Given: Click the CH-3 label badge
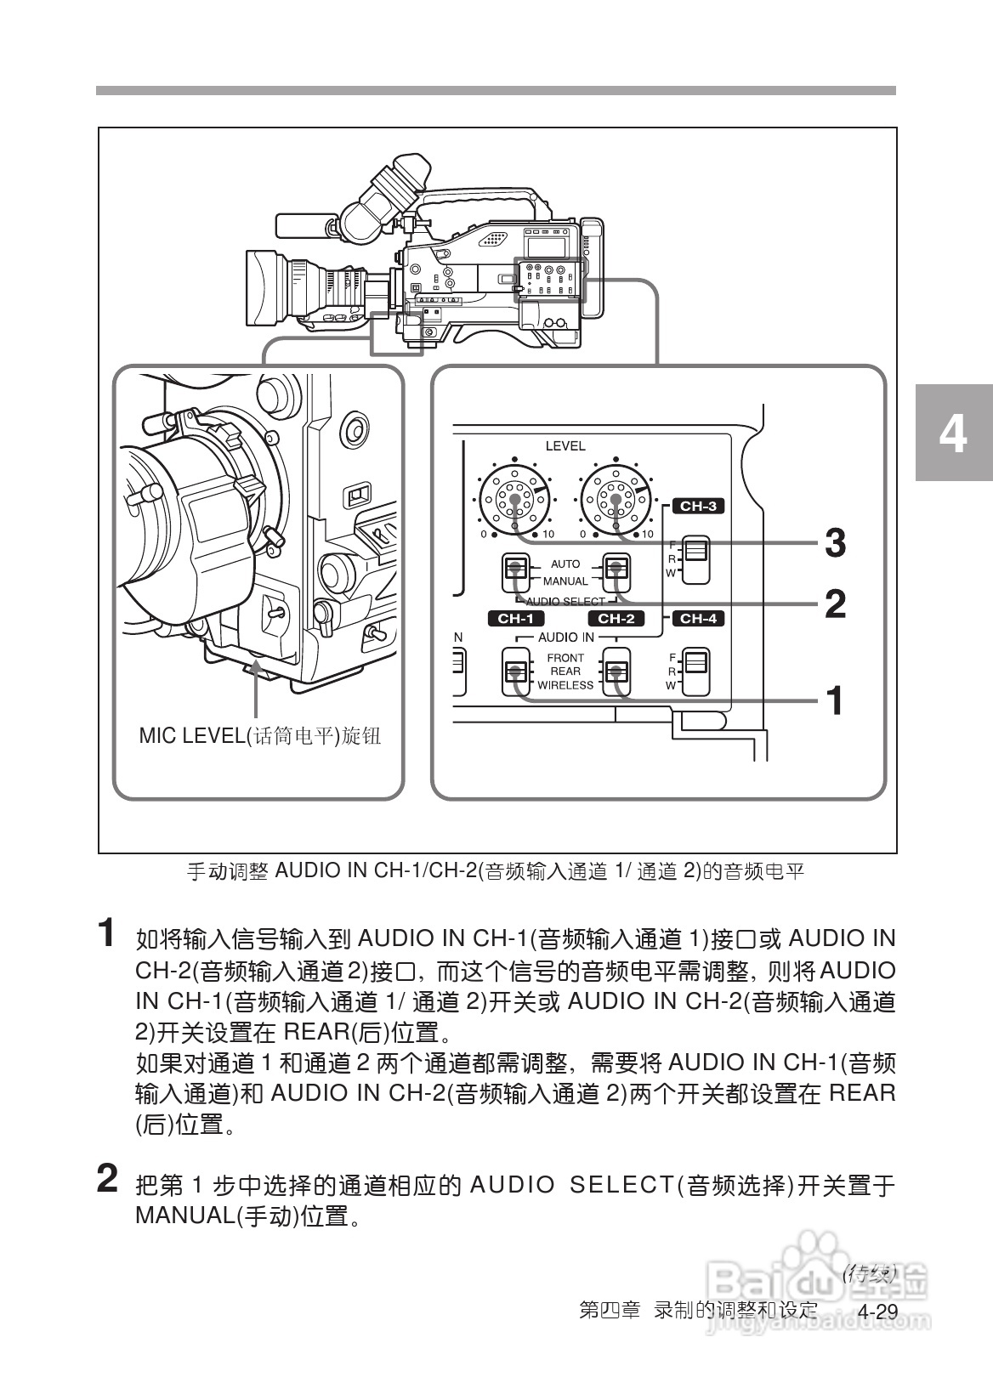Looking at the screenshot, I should click(698, 507).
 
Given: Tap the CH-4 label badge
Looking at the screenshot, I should click(698, 619).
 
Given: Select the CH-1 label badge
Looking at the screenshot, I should click(515, 619).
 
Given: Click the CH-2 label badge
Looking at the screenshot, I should click(616, 619).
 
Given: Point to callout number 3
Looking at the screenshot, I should click(835, 542).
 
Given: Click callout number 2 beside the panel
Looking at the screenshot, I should click(835, 603).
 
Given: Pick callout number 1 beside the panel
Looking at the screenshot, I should click(835, 700).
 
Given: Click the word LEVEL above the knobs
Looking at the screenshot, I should click(565, 445).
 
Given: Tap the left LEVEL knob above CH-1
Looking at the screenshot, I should click(515, 500).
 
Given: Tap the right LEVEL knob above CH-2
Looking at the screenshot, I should click(615, 500).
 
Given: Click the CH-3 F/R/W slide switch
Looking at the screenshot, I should click(696, 560).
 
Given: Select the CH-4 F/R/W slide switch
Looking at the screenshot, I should click(696, 671).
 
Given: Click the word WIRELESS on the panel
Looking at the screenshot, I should click(565, 685).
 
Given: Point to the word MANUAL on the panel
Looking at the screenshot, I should click(565, 581).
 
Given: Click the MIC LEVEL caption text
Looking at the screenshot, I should click(259, 736).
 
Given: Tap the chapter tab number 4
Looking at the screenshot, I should click(953, 433).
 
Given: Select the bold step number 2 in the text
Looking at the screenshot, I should click(106, 1179).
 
